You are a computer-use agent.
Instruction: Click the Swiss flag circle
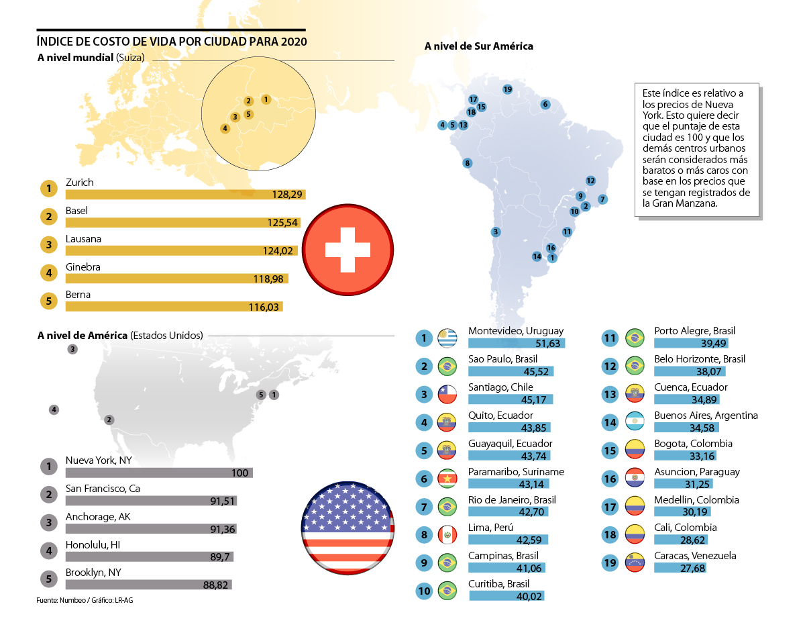coord(347,249)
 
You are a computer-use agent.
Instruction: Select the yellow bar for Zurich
coord(185,195)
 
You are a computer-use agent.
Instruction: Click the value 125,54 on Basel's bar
coord(282,223)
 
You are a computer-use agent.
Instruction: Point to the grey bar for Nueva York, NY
coord(158,473)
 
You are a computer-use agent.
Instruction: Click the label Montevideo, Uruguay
coord(516,331)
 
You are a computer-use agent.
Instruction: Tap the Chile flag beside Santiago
coord(447,394)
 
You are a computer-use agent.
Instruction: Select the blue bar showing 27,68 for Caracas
coord(680,568)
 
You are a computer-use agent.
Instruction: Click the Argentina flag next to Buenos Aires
coord(635,422)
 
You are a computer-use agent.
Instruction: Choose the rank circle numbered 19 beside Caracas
coord(610,563)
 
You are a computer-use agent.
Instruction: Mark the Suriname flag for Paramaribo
coord(447,479)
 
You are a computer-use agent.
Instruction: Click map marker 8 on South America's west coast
coord(467,163)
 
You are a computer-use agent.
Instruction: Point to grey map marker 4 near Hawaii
coord(54,409)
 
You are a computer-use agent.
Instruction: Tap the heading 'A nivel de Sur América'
coord(479,46)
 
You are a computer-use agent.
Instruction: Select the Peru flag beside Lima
coord(447,534)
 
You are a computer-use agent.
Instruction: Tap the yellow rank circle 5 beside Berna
coord(48,301)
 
